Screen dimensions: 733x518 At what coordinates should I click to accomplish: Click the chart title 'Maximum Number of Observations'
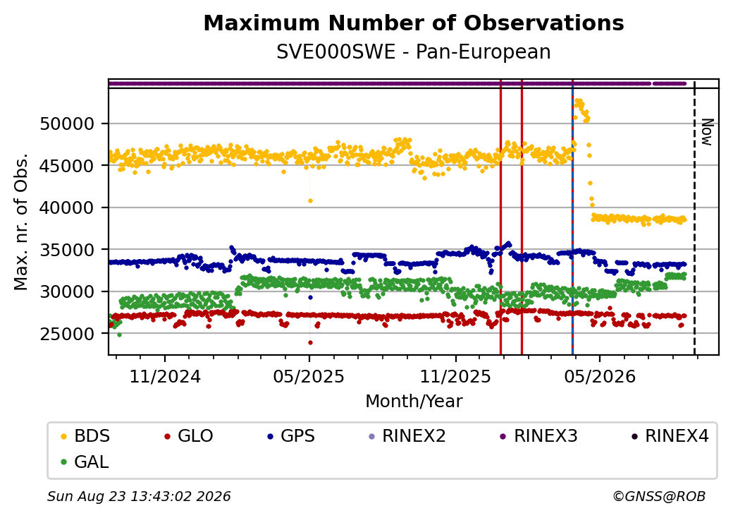tap(414, 23)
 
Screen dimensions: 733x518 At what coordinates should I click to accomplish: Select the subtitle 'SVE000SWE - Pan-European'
tap(414, 52)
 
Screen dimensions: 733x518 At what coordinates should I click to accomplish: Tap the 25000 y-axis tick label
tap(67, 334)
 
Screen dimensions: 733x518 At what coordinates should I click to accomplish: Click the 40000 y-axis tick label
tap(67, 207)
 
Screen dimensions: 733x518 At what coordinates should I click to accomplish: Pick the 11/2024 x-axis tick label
tap(164, 377)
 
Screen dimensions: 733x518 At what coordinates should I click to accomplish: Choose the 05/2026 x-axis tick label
tap(600, 377)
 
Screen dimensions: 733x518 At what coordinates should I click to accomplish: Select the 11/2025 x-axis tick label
tap(455, 377)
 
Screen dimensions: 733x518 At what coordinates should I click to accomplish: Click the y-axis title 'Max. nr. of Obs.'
tap(21, 222)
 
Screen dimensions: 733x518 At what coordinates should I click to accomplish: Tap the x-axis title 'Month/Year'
tap(414, 402)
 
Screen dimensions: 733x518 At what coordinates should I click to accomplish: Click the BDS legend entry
tap(86, 436)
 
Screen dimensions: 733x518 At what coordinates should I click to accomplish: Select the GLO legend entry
tap(189, 436)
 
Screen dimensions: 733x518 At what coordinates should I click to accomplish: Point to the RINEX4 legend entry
tap(670, 436)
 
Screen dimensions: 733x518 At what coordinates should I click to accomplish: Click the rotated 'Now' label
tap(708, 132)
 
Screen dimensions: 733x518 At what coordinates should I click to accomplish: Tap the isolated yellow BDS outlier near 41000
tap(310, 200)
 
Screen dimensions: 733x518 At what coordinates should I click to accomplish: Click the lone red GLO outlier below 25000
tap(310, 342)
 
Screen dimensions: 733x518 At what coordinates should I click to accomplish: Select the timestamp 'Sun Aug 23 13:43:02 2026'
tap(139, 496)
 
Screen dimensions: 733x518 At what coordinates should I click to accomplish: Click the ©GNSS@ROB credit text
tap(659, 496)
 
